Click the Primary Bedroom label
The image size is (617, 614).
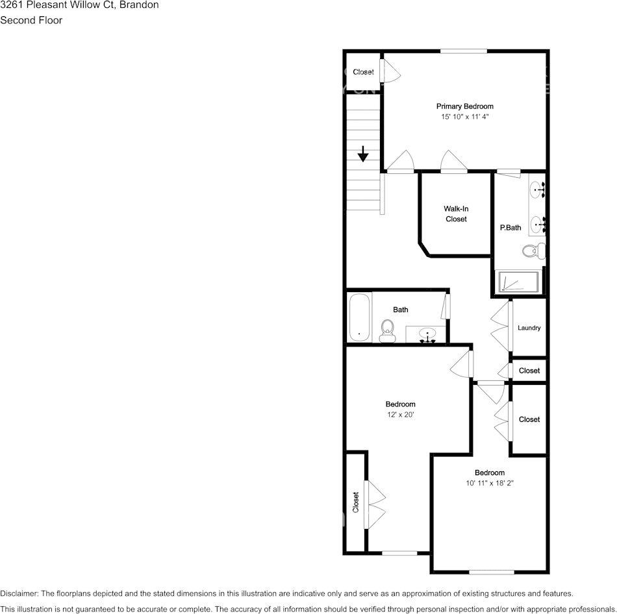point(464,106)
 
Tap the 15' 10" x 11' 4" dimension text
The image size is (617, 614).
point(464,117)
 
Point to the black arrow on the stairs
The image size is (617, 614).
point(363,154)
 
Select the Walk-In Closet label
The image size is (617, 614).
point(456,214)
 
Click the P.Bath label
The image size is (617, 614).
point(510,228)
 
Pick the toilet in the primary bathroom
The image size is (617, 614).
point(534,250)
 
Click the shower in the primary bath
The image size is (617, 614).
point(518,282)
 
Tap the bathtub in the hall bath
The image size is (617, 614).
point(359,317)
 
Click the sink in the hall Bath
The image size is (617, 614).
point(427,334)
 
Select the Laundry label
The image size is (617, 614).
point(529,328)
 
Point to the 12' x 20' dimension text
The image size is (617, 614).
point(400,415)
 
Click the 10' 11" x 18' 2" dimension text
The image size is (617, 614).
point(489,483)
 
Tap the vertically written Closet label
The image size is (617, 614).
point(356,502)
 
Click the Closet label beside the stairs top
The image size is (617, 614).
point(363,72)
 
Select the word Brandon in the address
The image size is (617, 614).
point(138,5)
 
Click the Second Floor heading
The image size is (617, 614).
point(31,20)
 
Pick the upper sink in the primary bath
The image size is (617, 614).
point(536,190)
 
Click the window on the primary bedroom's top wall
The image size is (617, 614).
point(464,51)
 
